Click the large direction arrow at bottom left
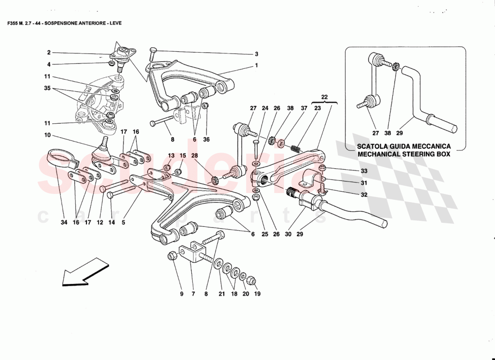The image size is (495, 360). coord(81,272)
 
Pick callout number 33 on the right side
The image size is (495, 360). coord(364,171)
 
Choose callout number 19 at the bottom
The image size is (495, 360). coord(257,294)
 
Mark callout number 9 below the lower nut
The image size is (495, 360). coord(182,294)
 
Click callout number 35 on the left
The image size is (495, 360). coord(48,89)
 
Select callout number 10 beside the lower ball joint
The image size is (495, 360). coord(48,135)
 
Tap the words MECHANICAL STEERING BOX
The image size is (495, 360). coord(404,154)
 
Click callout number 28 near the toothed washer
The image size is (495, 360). coord(194,155)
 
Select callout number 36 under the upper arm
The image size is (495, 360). coord(206,139)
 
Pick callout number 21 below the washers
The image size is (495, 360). coord(221,294)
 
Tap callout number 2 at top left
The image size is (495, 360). coord(49,52)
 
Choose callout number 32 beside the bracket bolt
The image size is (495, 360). coord(364,195)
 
